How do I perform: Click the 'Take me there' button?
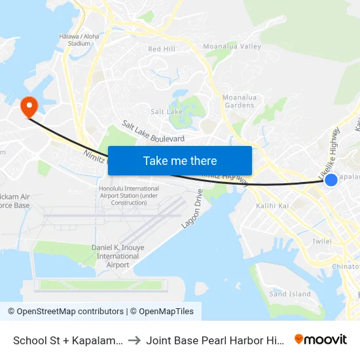(x=180, y=160)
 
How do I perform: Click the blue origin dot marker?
(x=331, y=179)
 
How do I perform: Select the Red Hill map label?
(x=162, y=49)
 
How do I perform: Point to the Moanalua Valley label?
(x=232, y=46)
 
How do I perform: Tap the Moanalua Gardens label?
(x=239, y=101)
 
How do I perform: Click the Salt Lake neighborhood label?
(x=166, y=112)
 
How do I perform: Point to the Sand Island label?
(x=290, y=294)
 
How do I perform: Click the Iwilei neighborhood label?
(x=323, y=242)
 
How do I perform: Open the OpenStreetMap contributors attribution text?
(x=65, y=312)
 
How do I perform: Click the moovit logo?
(x=321, y=339)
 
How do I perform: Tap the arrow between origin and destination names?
(x=134, y=340)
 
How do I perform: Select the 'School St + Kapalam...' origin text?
(x=68, y=340)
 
